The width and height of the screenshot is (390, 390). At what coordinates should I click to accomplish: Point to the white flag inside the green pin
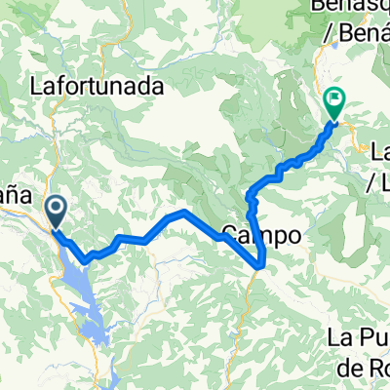[x=336, y=97]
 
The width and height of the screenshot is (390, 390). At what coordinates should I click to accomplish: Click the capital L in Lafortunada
[x=38, y=87]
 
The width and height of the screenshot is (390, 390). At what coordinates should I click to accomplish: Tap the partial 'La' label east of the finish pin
[x=381, y=151]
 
